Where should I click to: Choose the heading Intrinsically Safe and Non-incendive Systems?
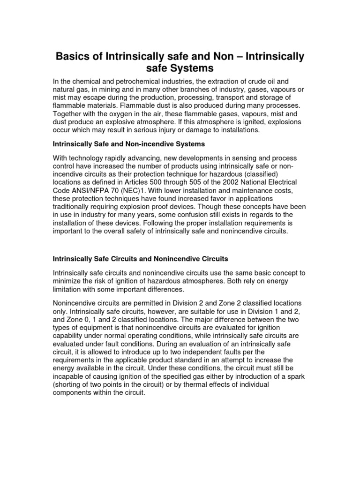(x=129, y=144)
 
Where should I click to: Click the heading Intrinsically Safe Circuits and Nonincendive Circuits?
(x=141, y=258)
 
